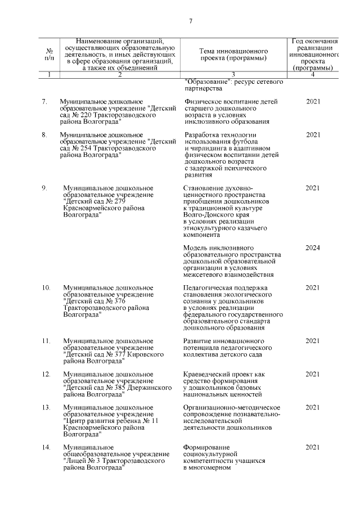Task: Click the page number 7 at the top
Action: coord(190,21)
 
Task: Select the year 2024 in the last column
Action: coord(313,247)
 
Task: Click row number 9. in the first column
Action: coord(45,188)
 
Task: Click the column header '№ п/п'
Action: coord(49,54)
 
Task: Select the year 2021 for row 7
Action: coord(313,101)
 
